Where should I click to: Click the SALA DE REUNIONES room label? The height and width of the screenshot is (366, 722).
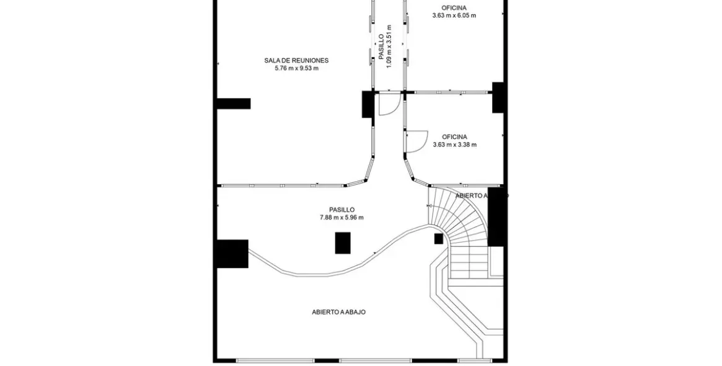point(296,60)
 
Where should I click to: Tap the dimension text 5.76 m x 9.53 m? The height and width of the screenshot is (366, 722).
point(296,68)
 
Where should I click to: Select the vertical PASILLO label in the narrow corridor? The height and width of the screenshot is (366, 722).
point(381,47)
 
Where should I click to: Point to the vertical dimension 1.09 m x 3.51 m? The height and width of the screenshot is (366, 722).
point(389,47)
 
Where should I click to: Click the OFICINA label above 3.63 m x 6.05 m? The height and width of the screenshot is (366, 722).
point(454,7)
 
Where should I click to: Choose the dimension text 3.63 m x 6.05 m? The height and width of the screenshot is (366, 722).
point(454,16)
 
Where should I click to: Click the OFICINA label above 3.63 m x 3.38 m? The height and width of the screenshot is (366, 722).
point(454,136)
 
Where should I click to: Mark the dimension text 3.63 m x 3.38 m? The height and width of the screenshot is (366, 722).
point(454,145)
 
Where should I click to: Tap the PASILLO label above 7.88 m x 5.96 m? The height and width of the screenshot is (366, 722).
point(341,210)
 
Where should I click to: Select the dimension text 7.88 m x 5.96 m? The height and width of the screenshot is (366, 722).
point(341,218)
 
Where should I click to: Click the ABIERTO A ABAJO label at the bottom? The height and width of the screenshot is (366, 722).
point(338,312)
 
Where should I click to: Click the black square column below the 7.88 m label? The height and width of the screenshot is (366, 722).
point(343,243)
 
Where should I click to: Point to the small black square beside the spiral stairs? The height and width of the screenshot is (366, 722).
point(438,239)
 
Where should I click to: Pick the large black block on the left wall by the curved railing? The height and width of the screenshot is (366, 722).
point(232,254)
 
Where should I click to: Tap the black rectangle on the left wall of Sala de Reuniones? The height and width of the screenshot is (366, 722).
point(234,104)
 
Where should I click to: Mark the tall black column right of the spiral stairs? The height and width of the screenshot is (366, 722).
point(496,217)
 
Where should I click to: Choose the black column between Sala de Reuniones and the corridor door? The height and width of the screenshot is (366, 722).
point(368,104)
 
